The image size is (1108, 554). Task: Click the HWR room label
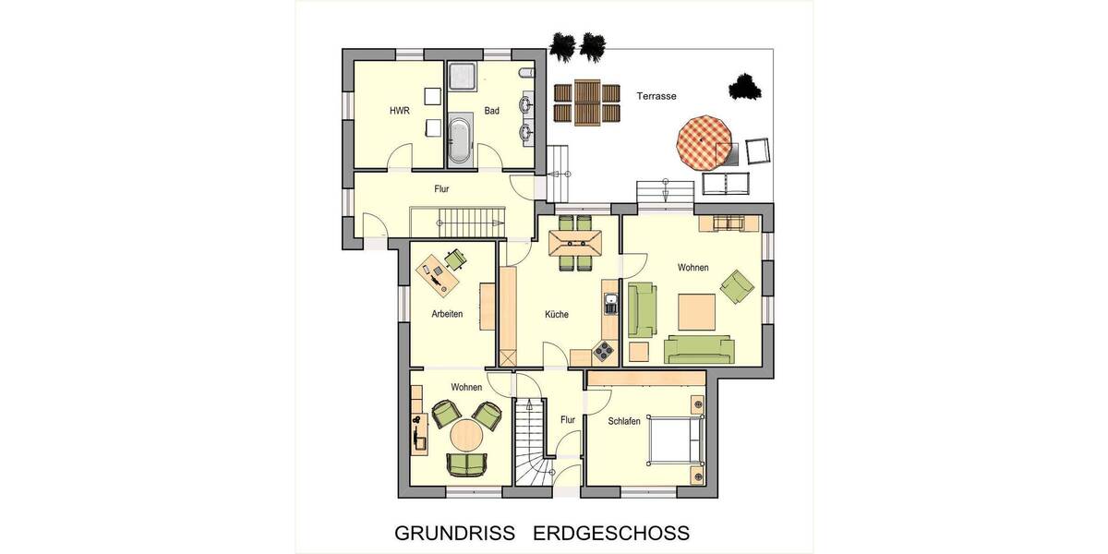[x=399, y=112]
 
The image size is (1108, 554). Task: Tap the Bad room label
[x=492, y=112]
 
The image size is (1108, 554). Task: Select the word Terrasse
[x=656, y=96]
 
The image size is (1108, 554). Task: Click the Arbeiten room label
[x=447, y=314]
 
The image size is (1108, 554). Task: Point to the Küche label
[x=557, y=314]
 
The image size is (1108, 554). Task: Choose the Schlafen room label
[x=624, y=421]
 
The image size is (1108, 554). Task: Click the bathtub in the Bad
[x=459, y=140]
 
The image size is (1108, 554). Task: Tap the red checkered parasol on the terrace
[x=705, y=140]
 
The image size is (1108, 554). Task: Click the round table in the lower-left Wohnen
[x=468, y=435]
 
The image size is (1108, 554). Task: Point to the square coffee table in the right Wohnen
[x=696, y=312]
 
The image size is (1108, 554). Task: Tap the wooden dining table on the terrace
[x=585, y=103]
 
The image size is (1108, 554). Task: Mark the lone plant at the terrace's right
[x=745, y=87]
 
